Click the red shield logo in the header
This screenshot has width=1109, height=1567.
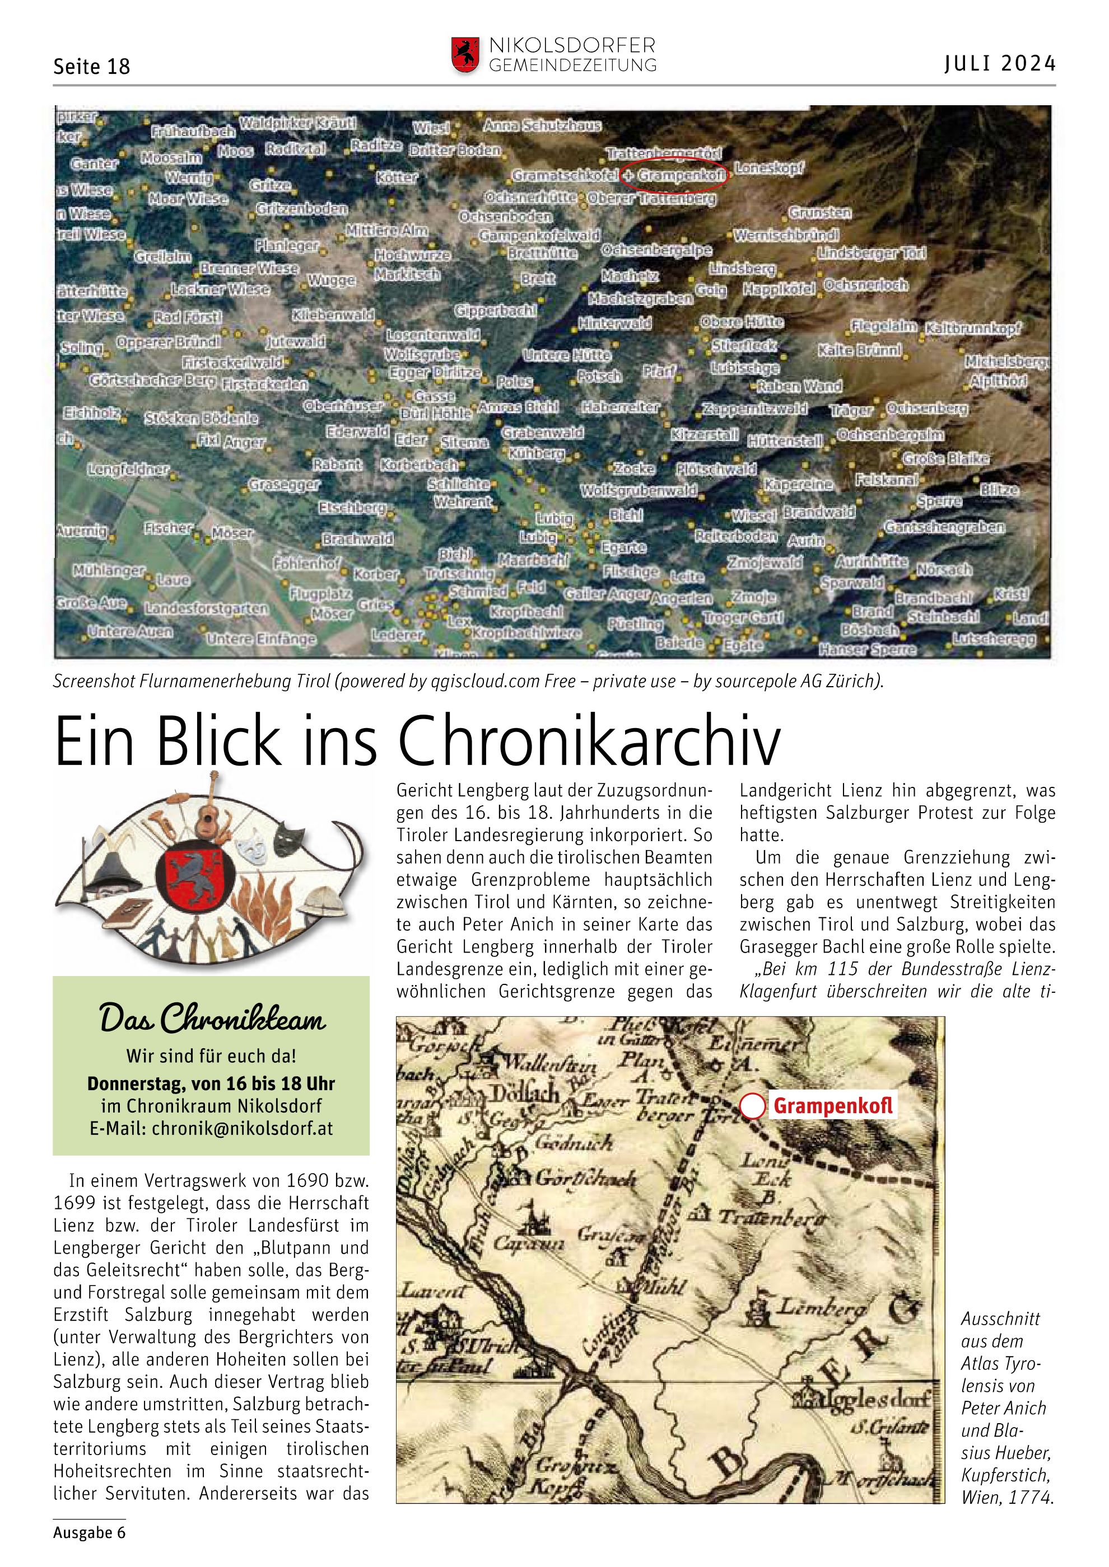click(x=464, y=55)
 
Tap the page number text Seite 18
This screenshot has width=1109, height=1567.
click(x=91, y=66)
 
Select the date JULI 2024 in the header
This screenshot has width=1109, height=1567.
click(x=1000, y=63)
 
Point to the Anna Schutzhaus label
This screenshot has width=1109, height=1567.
click(x=542, y=125)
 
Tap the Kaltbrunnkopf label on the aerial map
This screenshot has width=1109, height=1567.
click(x=972, y=329)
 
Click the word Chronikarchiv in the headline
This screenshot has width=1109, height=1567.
click(x=589, y=741)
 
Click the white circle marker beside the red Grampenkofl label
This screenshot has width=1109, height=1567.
click(x=753, y=1106)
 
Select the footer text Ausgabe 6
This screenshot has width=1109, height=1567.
click(x=90, y=1532)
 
